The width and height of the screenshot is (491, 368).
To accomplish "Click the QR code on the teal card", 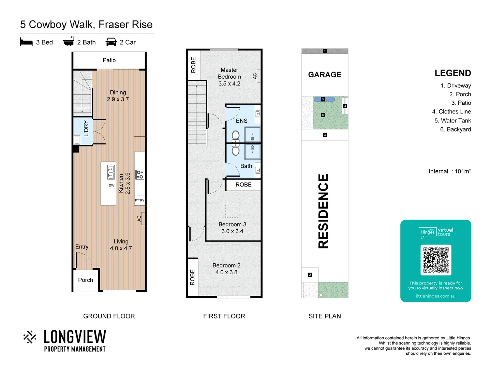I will coord(436,260).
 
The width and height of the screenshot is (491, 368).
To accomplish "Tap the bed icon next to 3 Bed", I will coord(26,42).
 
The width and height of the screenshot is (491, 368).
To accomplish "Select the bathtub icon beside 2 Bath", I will coord(69,42).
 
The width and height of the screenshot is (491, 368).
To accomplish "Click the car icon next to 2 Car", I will coord(111,42).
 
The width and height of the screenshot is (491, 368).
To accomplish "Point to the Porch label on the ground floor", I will coord(85,280).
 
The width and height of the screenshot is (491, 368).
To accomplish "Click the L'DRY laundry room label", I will coord(86,128).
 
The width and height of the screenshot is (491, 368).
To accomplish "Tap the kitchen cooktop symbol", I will coord(140,174).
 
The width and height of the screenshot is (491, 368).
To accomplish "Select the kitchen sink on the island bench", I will coord(110,172).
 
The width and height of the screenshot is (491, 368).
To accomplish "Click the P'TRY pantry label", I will coord(139,200).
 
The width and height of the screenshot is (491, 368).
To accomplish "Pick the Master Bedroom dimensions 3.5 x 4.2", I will coord(229,84).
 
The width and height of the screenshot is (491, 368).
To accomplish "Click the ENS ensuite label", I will coord(241,121).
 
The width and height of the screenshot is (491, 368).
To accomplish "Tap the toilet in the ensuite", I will coord(236,136).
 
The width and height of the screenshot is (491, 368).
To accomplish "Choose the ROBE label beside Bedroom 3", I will coord(243,185).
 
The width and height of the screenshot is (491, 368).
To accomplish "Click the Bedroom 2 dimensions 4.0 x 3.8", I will coord(226,273).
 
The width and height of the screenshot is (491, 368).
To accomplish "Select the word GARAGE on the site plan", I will coord(325,75).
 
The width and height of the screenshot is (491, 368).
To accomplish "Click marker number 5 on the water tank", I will coord(323,99).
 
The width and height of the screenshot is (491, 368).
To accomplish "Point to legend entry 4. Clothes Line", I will coord(451,112).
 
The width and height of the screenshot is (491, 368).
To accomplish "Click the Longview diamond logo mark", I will coord(30,337).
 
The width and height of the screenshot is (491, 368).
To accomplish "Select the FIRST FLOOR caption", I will coord(224,316).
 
